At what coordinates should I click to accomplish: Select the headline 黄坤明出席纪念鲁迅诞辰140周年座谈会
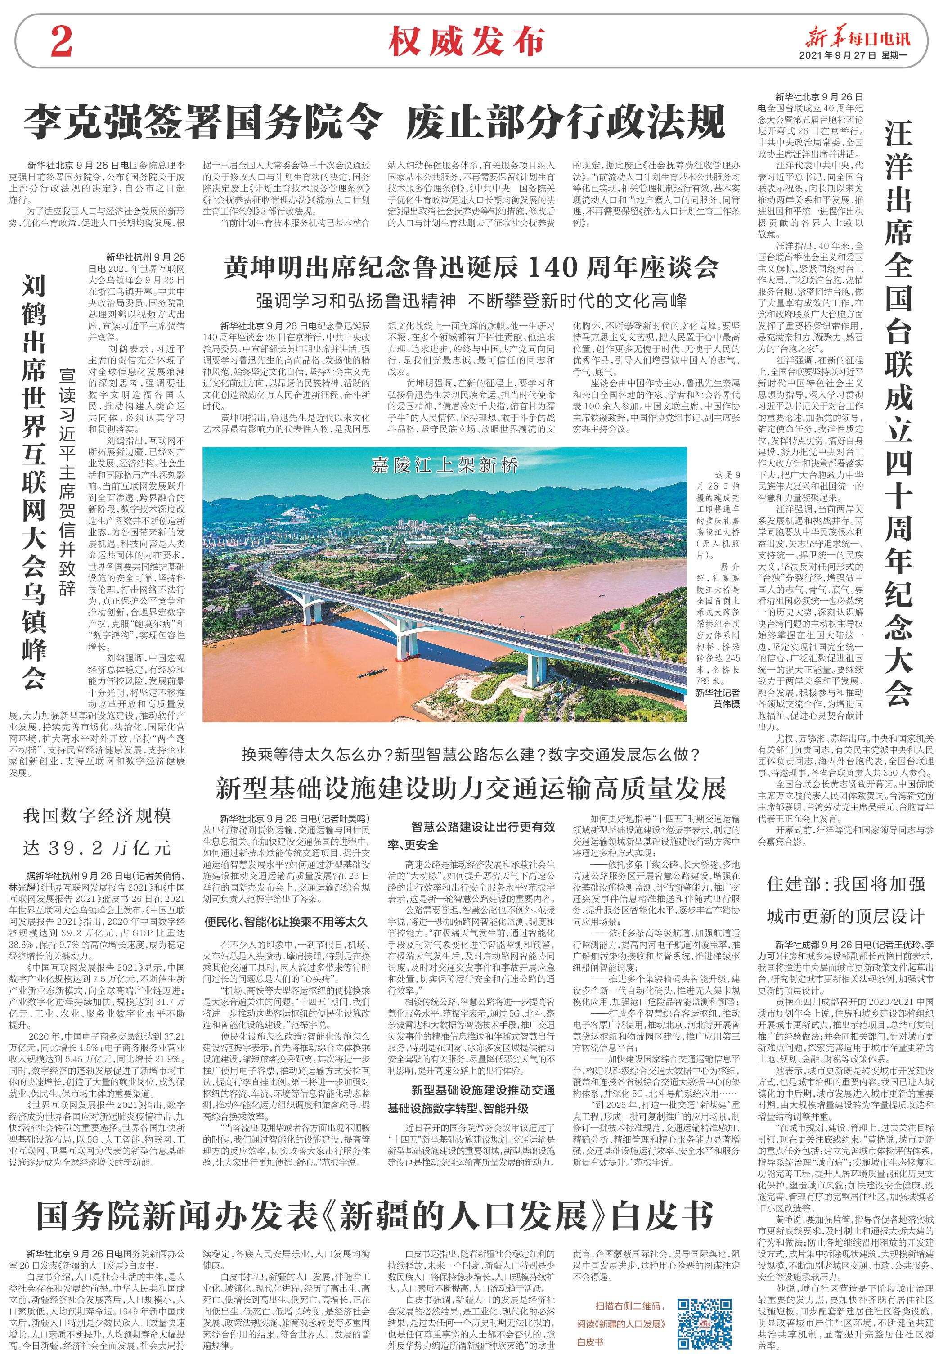pyautogui.click(x=471, y=267)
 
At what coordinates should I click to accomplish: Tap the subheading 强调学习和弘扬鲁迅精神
pyautogui.click(x=356, y=301)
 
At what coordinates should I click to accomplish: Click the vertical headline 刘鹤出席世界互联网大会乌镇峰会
pyautogui.click(x=34, y=482)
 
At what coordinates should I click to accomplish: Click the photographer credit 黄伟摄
pyautogui.click(x=726, y=704)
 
